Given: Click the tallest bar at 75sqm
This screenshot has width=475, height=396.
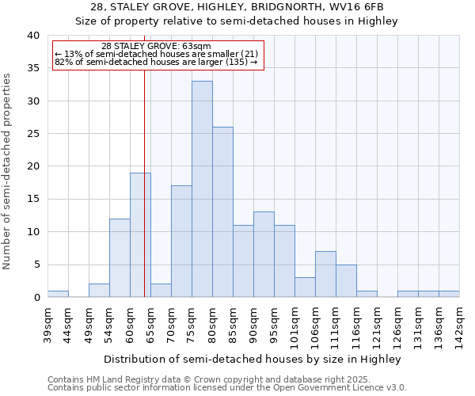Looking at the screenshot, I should pos(202,189).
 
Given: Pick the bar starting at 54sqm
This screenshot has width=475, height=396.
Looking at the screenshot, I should pos(120,258).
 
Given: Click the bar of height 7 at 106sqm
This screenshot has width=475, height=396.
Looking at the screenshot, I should pos(325,274).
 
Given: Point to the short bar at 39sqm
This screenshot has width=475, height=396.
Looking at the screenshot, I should pos(58,294).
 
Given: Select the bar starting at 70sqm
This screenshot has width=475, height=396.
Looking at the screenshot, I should pos(181,242).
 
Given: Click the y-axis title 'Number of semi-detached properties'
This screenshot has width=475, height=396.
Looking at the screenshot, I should pos(8,171).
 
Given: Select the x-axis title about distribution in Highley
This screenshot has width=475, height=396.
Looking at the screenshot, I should pos(253,359).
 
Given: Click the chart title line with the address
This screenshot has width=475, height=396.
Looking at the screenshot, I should pos(237,7).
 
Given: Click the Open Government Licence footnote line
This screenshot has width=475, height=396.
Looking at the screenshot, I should pos(227,387).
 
